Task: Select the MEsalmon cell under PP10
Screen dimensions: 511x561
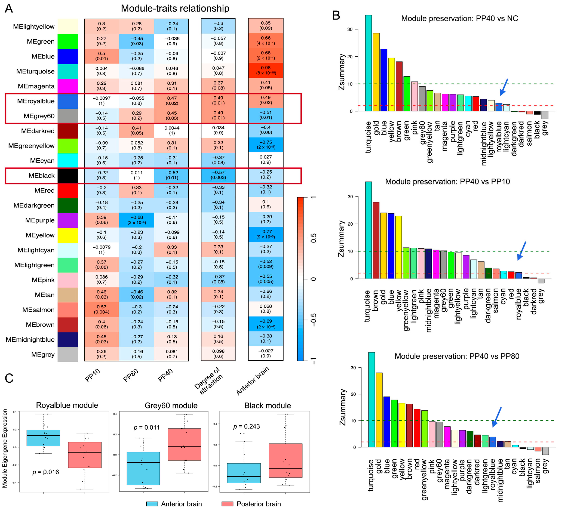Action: click(102, 309)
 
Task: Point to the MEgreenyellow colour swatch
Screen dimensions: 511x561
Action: click(68, 146)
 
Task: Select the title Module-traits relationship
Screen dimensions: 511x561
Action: click(175, 8)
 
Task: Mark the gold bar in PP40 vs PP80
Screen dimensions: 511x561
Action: click(379, 410)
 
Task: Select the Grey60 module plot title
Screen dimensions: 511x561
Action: click(171, 406)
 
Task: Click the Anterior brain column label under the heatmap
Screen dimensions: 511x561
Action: click(253, 381)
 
